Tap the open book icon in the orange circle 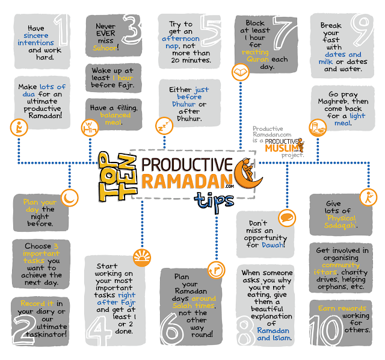point(241,72)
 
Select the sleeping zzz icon point(164,126)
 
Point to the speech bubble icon point(287,218)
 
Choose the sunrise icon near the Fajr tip point(142,258)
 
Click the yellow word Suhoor point(105,48)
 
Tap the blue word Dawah point(273,245)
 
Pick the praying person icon point(19,128)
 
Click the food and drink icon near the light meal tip point(318,127)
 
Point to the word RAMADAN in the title point(187,181)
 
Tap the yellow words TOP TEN point(117,176)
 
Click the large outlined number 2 point(23,329)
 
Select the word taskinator point(46,334)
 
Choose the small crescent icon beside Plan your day point(70,198)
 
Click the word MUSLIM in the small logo point(281,148)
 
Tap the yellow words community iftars point(336,268)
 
